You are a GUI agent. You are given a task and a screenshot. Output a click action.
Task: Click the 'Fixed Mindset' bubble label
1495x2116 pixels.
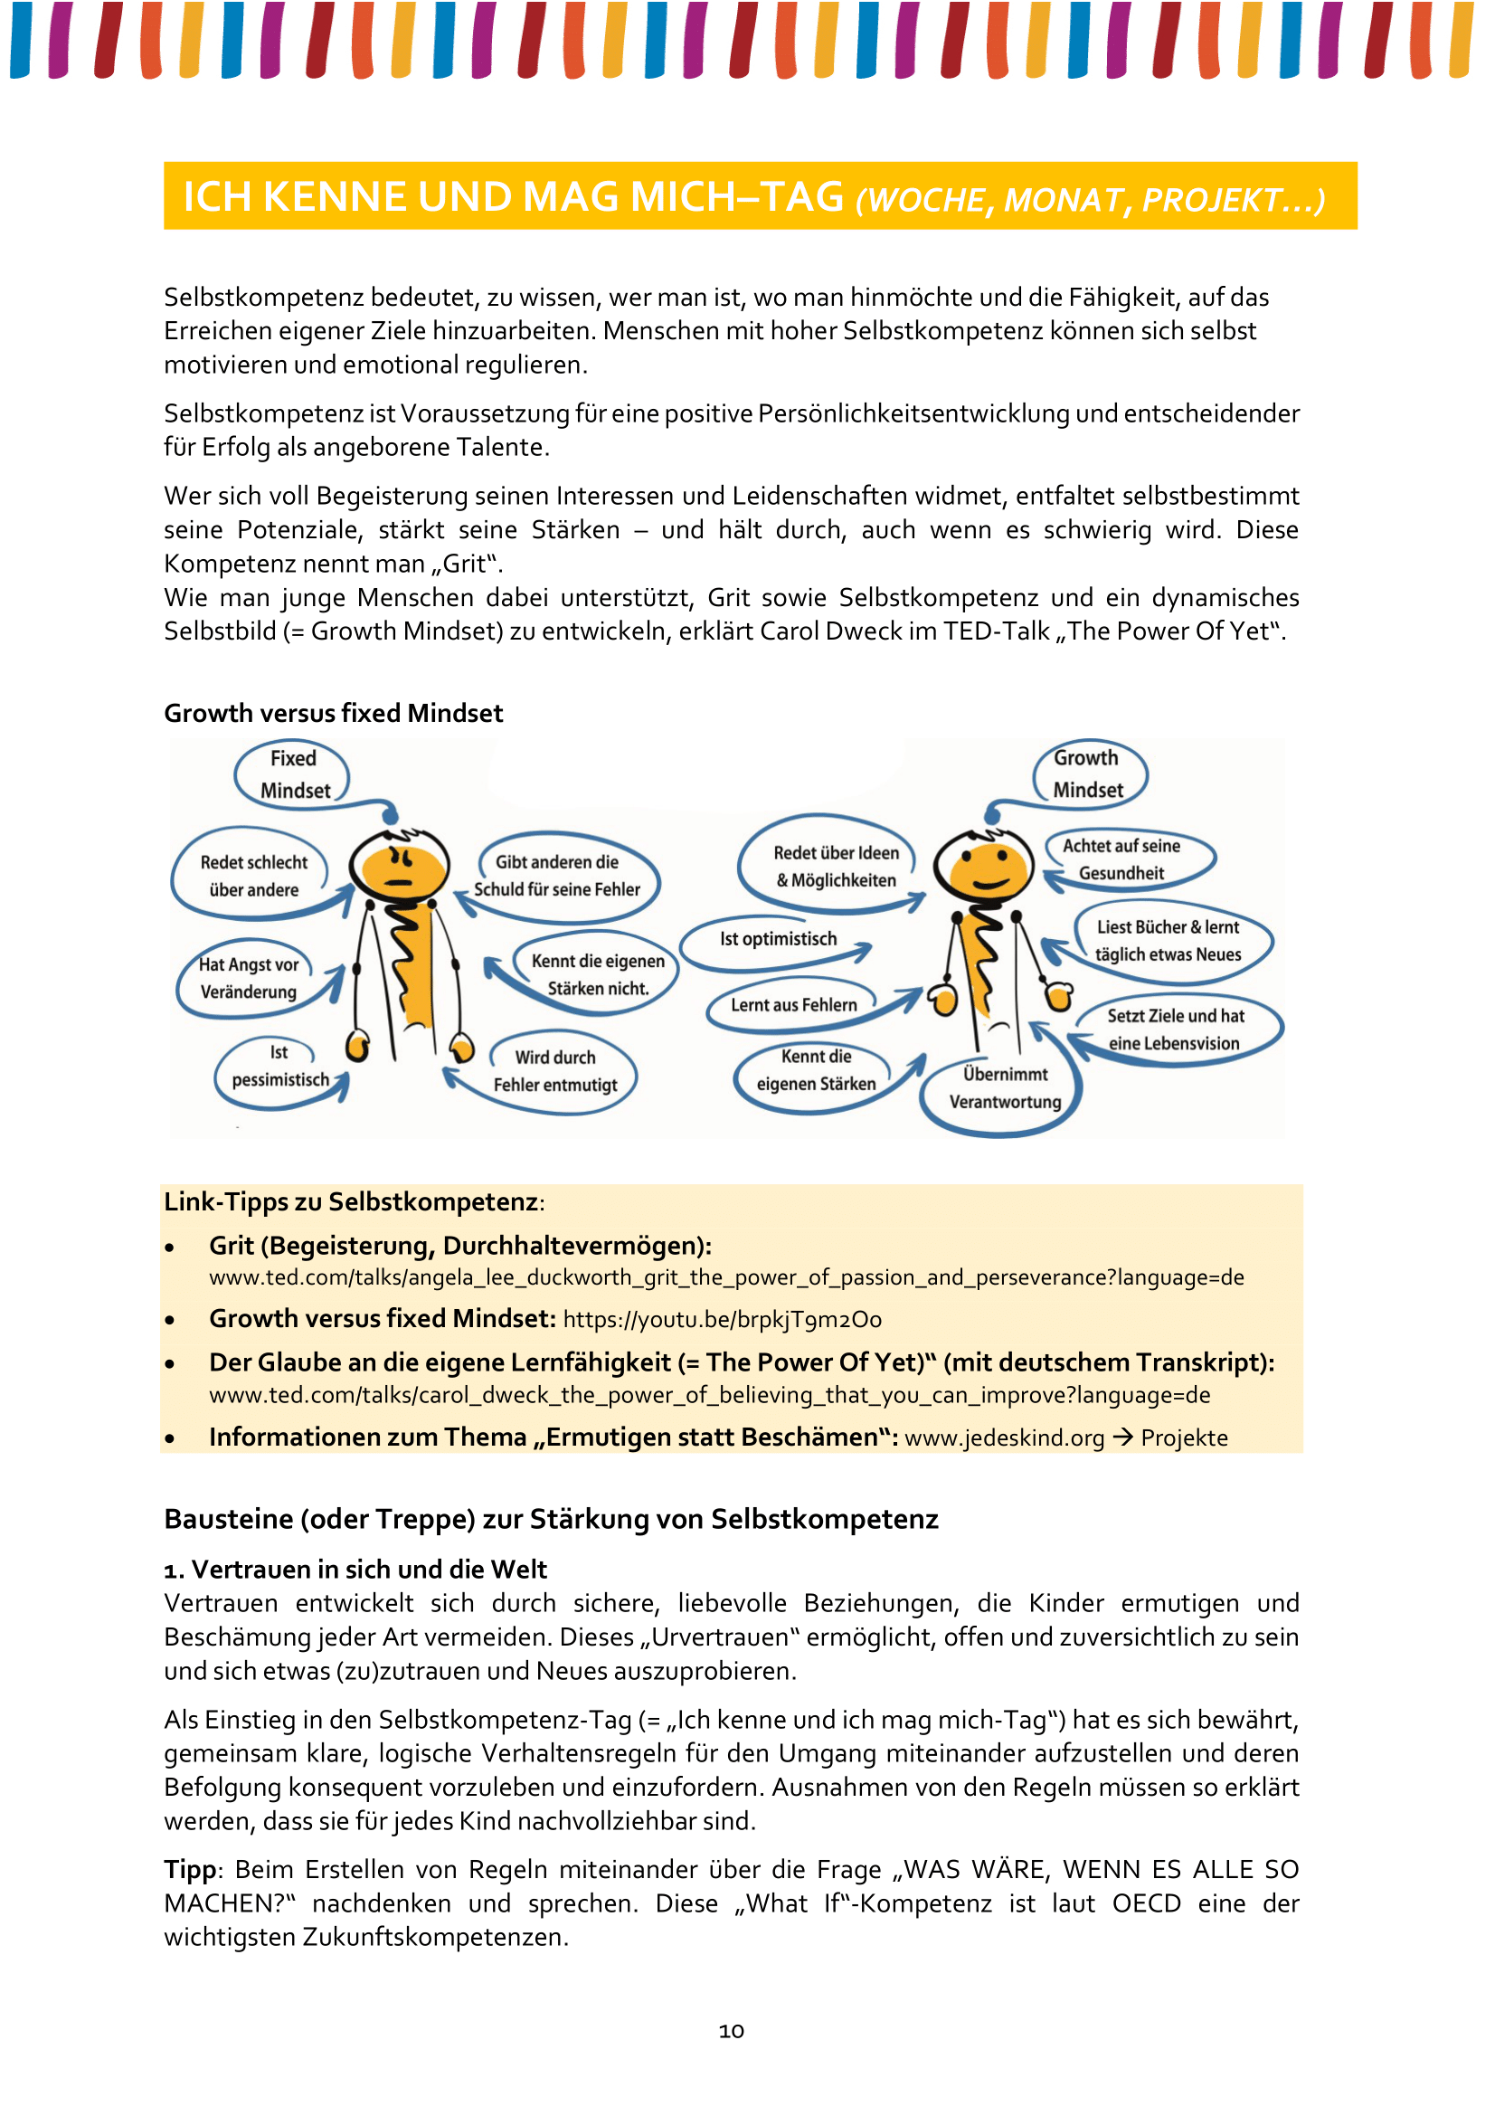click(294, 774)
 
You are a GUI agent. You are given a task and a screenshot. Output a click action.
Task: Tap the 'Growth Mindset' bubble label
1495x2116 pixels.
click(1088, 773)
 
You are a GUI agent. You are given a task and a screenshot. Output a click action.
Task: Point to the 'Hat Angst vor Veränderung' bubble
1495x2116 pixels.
click(249, 978)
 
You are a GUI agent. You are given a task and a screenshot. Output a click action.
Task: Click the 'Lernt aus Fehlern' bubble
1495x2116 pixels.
click(793, 1004)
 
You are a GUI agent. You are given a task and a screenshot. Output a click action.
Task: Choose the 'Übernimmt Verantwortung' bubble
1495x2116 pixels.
click(1004, 1088)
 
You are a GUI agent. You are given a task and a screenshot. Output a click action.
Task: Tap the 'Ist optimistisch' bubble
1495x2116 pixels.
click(779, 939)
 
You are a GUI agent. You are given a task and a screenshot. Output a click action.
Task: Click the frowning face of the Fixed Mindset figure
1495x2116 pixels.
click(401, 868)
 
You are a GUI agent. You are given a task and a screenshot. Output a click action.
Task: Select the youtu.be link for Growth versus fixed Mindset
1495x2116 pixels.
click(722, 1320)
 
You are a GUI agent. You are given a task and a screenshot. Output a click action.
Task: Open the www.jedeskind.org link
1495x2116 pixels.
click(1004, 1438)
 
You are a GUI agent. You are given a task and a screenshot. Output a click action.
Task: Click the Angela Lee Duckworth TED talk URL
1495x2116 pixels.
click(726, 1277)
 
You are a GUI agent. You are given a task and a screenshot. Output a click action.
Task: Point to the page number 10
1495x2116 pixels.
click(732, 2031)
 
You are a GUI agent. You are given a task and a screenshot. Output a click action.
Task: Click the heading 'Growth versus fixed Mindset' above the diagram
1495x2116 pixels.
click(334, 713)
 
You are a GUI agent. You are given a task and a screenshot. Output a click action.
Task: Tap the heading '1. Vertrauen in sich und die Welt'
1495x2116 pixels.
click(355, 1570)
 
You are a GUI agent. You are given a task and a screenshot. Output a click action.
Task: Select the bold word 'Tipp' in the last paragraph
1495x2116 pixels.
click(190, 1869)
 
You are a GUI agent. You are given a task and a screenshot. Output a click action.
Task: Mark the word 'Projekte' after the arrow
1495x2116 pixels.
click(1184, 1438)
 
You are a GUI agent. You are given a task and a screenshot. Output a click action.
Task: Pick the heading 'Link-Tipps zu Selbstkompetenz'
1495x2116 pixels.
click(352, 1201)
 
